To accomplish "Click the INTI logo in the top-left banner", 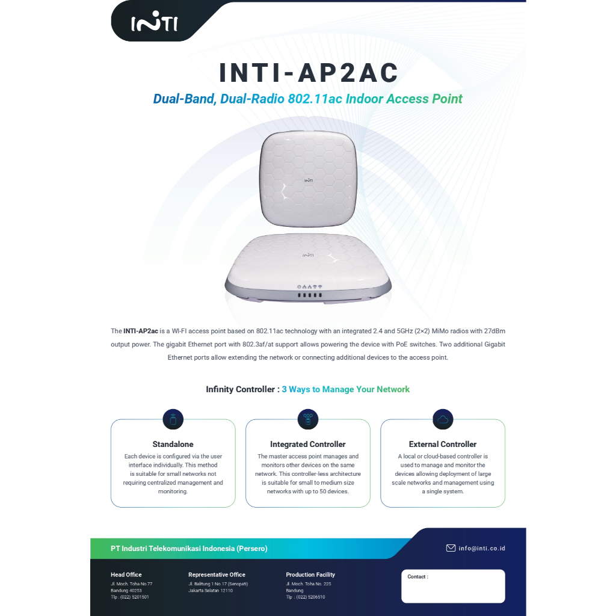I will (155, 23).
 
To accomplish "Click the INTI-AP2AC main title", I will (309, 73).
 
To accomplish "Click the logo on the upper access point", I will (307, 178).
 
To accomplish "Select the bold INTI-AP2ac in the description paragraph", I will (141, 331).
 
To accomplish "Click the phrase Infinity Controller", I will (239, 389).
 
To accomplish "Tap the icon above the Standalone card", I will (173, 419).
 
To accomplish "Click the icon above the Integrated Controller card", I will (308, 419).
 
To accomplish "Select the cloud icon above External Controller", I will (443, 419).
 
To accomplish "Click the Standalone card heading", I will (173, 445).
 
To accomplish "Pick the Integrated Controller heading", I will (308, 445).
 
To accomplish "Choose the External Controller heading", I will (443, 445).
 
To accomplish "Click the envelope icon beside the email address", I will (451, 548).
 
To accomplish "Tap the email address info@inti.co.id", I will (482, 549).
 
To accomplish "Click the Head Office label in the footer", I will (126, 574).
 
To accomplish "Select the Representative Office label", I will (217, 574).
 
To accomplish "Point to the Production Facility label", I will (310, 574).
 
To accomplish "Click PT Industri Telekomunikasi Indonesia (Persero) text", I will (189, 549).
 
